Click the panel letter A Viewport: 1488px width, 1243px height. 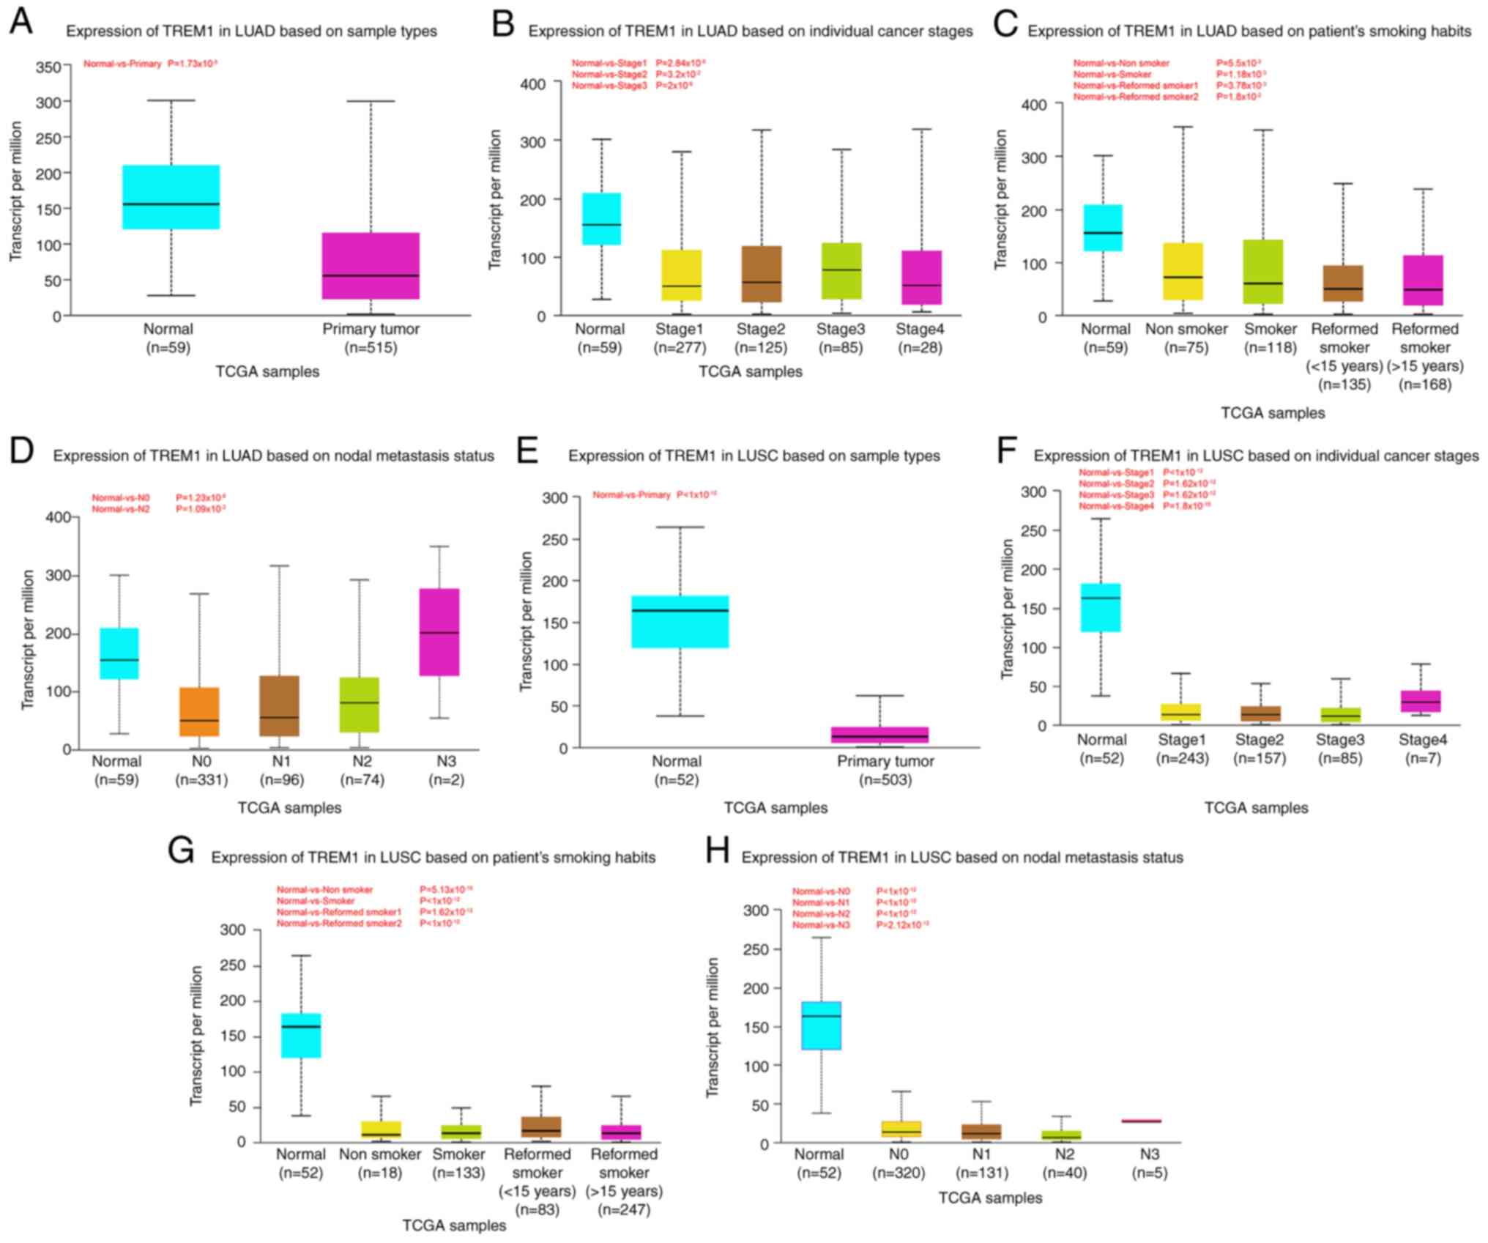point(21,22)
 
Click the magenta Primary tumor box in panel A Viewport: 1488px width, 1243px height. point(371,266)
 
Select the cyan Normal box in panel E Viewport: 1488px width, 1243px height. point(680,621)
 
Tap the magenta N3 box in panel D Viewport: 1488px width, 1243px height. point(439,632)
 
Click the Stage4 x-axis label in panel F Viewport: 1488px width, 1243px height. point(1422,739)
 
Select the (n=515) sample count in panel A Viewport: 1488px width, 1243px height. point(371,347)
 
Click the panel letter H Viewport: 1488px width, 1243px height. point(717,851)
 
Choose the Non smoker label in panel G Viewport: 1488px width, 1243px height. point(379,1154)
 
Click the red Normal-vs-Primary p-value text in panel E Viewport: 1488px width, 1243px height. point(654,495)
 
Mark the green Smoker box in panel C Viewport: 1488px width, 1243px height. point(1262,272)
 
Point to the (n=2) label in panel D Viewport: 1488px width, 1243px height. point(446,780)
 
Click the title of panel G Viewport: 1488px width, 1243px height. point(433,857)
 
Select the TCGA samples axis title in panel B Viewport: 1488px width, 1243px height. point(750,371)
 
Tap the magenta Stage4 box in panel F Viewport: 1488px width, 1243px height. point(1420,701)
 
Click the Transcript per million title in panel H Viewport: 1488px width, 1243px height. point(713,1027)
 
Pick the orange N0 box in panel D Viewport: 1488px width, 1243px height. point(199,712)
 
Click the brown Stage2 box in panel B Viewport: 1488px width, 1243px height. point(762,274)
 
